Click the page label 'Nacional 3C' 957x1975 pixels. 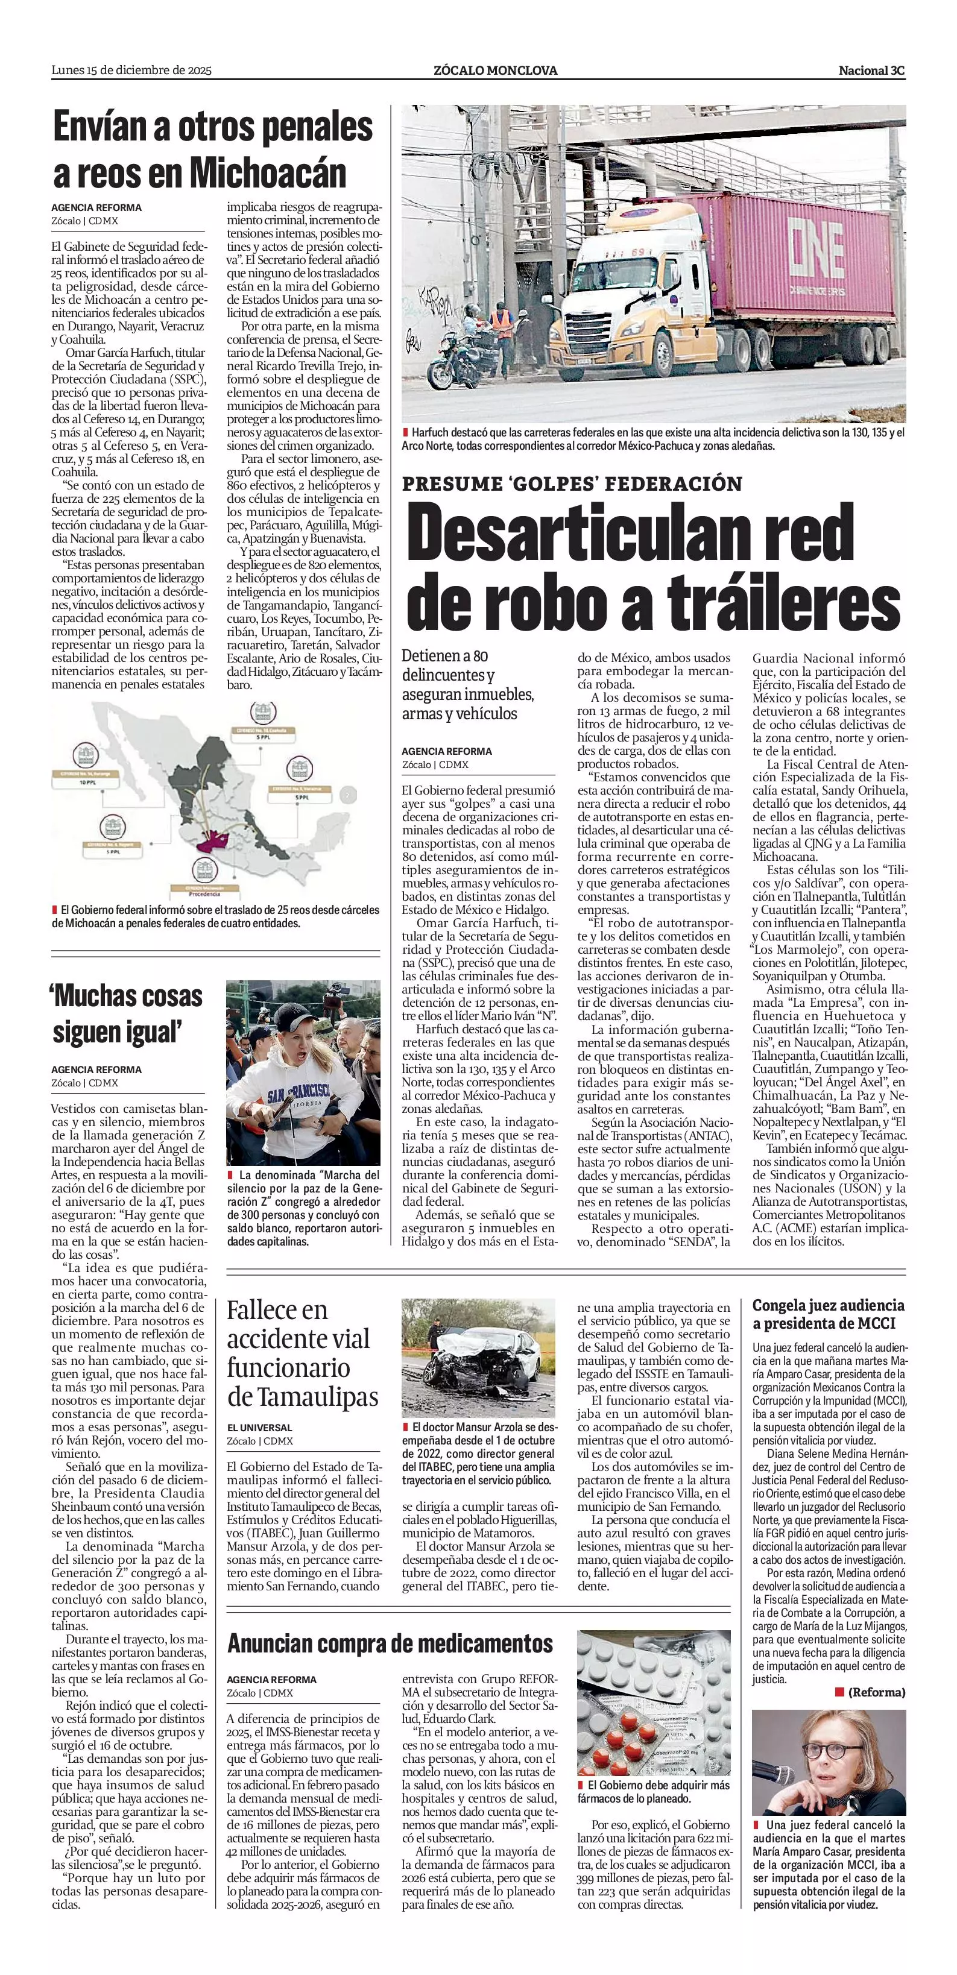coord(871,71)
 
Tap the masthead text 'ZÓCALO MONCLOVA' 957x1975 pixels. coord(495,71)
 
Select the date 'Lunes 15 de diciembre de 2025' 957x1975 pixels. coord(131,71)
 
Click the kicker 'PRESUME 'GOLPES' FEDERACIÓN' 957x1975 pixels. coord(572,483)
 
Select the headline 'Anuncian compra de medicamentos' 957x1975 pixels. coord(390,1643)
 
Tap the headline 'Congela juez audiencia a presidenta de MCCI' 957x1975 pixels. coord(828,1314)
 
